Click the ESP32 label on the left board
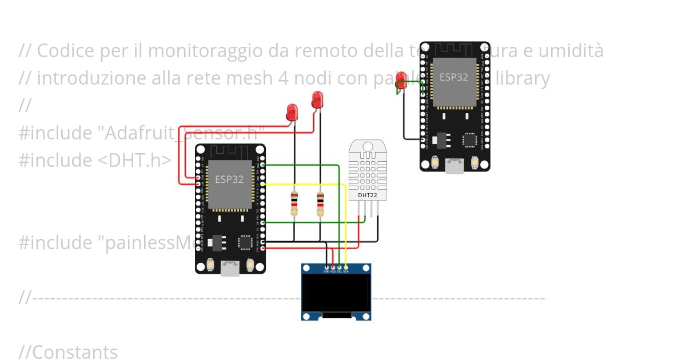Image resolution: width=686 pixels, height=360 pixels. pos(229,179)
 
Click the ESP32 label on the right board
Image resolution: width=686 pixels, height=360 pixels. pos(454,77)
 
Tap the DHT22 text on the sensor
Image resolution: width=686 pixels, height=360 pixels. pos(368,195)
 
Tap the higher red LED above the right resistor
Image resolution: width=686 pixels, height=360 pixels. pos(317,99)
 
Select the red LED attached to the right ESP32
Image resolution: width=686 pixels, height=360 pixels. pos(401,80)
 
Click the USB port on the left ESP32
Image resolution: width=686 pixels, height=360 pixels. pos(230,267)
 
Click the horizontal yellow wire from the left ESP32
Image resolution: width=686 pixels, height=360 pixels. pos(303,184)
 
